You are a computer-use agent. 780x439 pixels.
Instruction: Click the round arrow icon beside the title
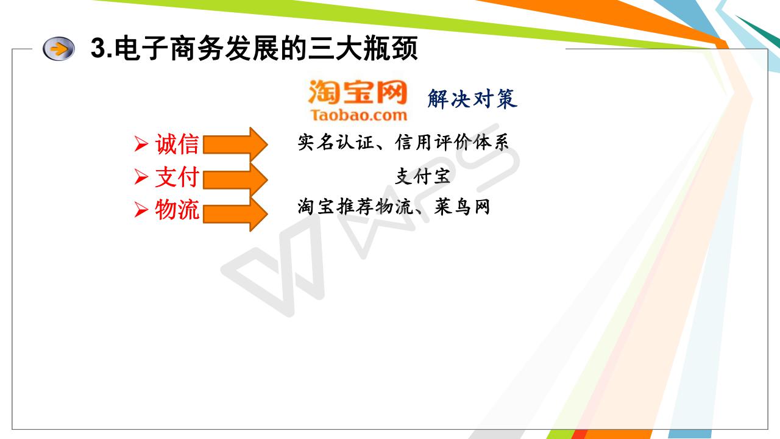(58, 49)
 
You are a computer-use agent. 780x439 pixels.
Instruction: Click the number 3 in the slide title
(98, 48)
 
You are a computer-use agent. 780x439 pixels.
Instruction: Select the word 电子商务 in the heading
(169, 48)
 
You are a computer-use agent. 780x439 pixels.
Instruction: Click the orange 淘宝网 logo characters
(358, 91)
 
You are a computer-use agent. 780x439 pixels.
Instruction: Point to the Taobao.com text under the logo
(359, 115)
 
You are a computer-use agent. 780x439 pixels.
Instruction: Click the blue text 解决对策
(472, 99)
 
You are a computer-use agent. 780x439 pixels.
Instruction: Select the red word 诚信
(177, 144)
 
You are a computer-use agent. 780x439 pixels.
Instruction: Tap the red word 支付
(177, 177)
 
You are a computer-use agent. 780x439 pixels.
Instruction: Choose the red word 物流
(177, 209)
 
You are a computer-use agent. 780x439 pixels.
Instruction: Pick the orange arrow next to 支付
(235, 180)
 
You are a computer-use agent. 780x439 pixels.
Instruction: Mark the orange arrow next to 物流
(235, 214)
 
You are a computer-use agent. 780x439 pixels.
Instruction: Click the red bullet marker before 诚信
(141, 144)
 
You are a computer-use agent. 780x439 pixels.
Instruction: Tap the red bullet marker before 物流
(141, 210)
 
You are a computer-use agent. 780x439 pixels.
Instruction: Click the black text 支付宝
(423, 176)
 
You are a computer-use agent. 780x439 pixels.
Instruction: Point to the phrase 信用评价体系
(452, 142)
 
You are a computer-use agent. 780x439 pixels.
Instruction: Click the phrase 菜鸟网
(463, 207)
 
